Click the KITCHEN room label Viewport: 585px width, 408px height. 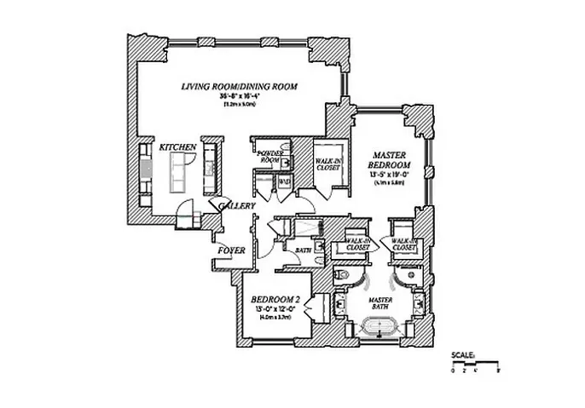pyautogui.click(x=178, y=147)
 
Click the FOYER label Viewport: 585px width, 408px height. pyautogui.click(x=231, y=251)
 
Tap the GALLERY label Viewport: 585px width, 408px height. pyautogui.click(x=234, y=207)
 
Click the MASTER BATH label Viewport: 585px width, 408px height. pyautogui.click(x=379, y=303)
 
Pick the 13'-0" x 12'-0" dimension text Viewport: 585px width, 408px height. pyautogui.click(x=272, y=309)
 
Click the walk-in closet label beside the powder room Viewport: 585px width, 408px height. pyautogui.click(x=327, y=164)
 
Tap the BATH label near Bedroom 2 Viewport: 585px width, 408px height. pyautogui.click(x=303, y=251)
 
